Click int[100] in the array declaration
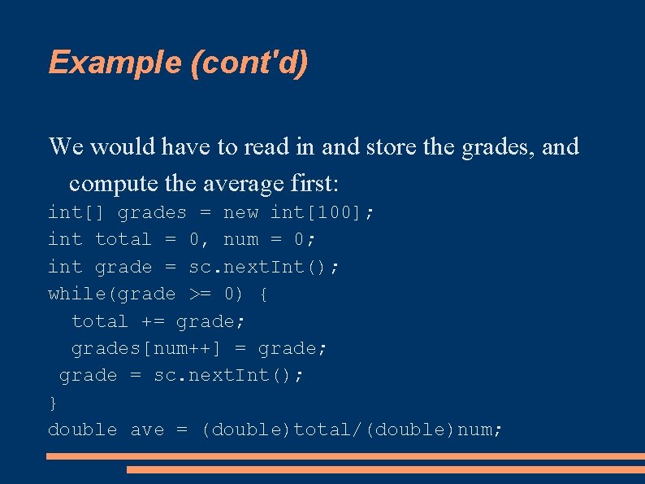pyautogui.click(x=322, y=213)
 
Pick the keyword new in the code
pyautogui.click(x=240, y=213)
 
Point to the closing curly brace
pyautogui.click(x=53, y=403)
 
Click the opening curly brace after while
pyautogui.click(x=264, y=294)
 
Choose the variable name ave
pyautogui.click(x=147, y=429)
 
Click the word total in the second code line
pyautogui.click(x=123, y=240)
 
